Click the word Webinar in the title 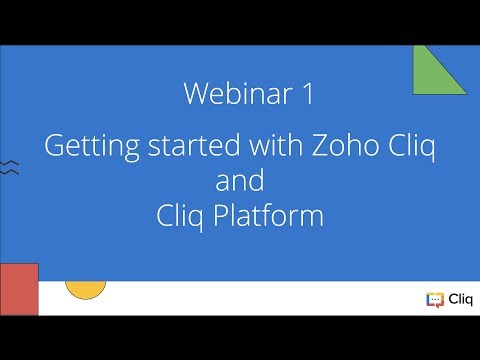pos(236,95)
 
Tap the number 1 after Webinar pos(306,95)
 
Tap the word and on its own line pos(240,182)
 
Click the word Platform pos(267,216)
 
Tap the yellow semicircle pos(85,289)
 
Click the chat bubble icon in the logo pos(433,299)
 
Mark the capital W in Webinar pos(196,95)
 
